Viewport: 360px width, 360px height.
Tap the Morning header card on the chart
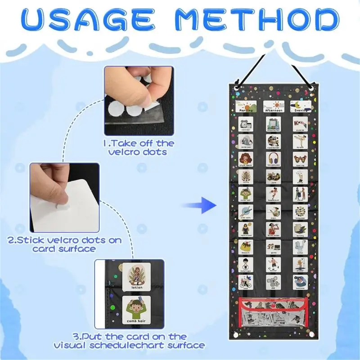pos(245,106)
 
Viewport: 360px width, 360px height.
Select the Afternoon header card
pos(273,106)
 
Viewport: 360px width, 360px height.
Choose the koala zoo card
pos(273,282)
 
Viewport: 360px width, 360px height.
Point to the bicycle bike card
pos(245,282)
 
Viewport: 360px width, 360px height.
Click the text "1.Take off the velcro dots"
pos(140,148)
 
